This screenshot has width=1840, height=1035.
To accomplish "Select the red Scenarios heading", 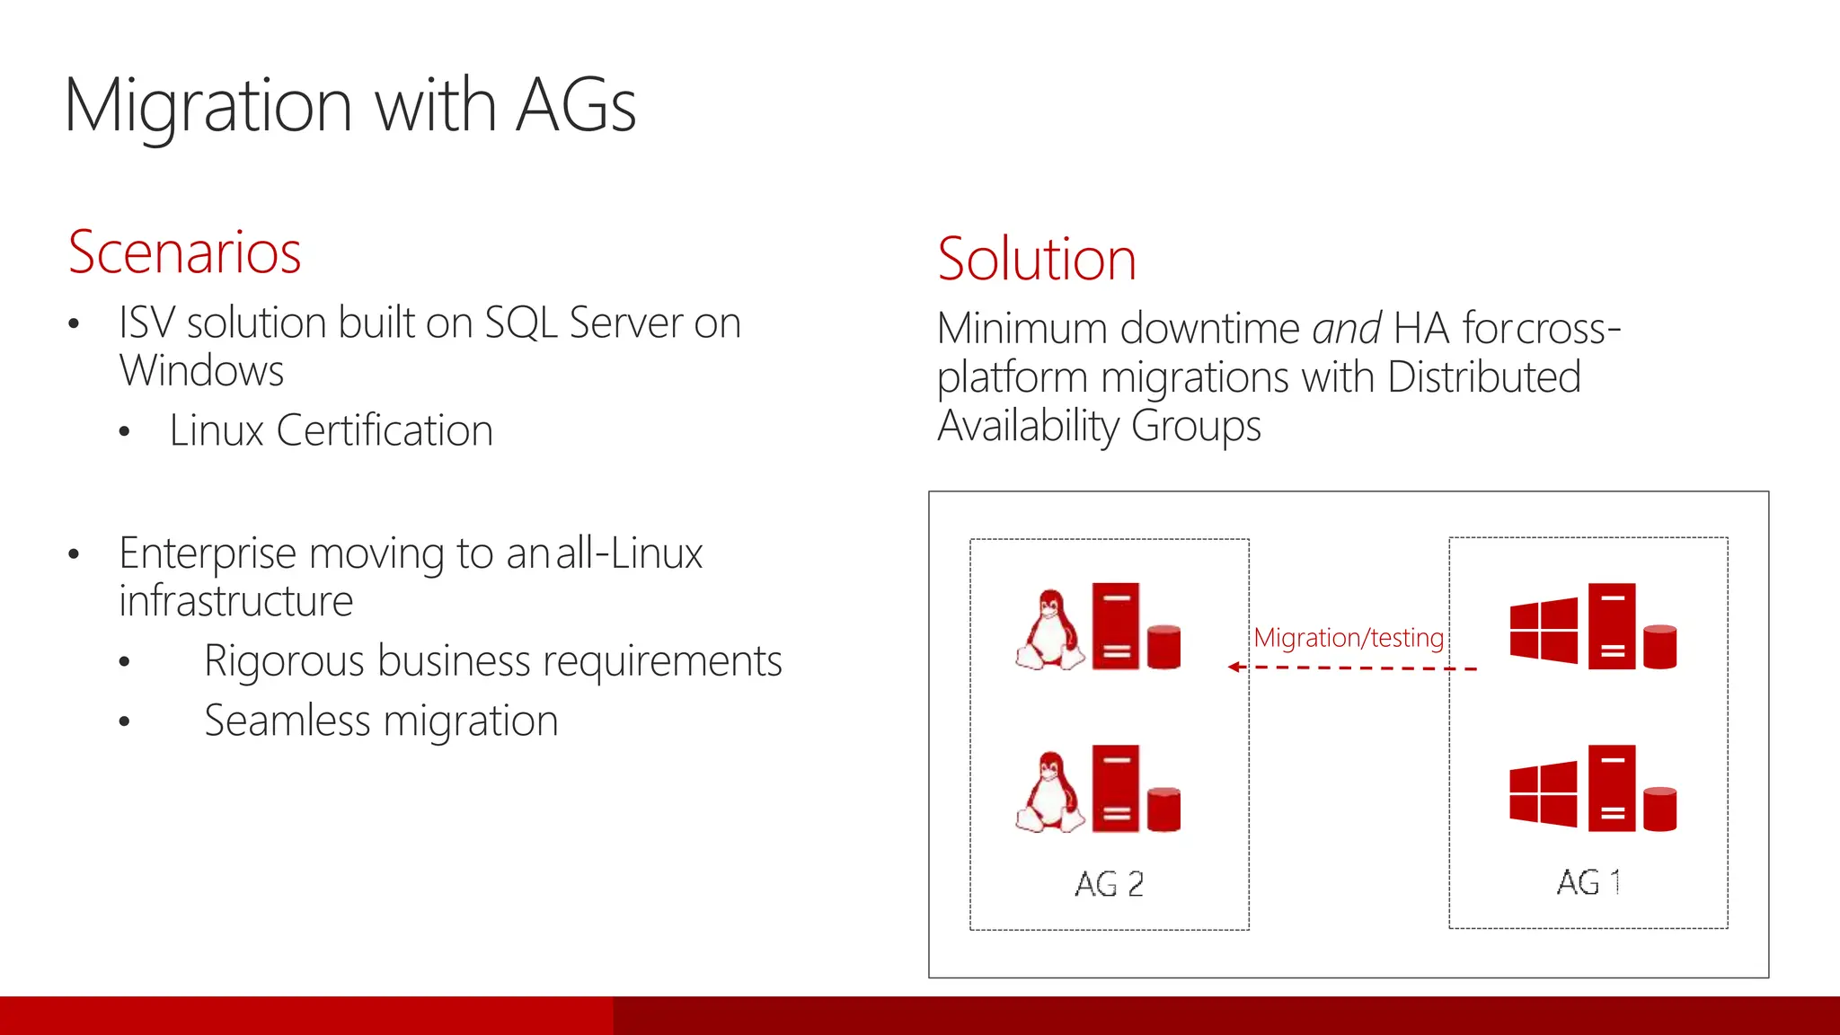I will click(184, 252).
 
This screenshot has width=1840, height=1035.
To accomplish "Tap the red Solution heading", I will click(1036, 260).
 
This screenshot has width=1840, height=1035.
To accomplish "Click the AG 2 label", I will click(1109, 884).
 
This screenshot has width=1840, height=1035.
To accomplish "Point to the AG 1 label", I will click(1588, 882).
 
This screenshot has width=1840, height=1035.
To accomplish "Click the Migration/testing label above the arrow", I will click(1348, 638).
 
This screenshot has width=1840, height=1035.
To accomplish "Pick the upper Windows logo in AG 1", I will click(1544, 630).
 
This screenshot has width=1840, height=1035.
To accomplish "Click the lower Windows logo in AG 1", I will click(1544, 793).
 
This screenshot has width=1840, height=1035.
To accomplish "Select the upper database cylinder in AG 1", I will click(1659, 647).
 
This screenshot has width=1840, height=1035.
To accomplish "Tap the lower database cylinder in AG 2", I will click(1163, 809).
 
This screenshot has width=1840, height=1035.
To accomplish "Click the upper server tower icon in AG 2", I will click(1116, 626).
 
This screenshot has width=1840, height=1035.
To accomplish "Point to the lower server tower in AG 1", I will click(1612, 788).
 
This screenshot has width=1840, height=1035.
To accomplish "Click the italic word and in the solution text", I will click(1346, 329).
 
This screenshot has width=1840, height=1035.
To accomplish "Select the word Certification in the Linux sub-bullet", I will click(385, 430).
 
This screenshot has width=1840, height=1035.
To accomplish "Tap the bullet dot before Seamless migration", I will click(125, 721).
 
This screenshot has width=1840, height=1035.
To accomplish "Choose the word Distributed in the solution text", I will click(1483, 377).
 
